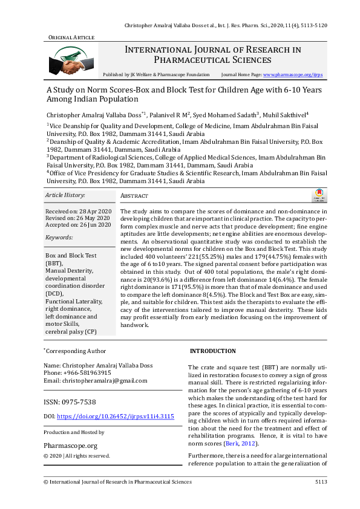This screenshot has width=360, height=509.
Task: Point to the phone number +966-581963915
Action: (x=87, y=373)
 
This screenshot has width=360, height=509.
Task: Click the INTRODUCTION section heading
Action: (x=212, y=351)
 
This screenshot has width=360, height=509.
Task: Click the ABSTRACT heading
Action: (x=134, y=196)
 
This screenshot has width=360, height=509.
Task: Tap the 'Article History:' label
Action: (x=65, y=195)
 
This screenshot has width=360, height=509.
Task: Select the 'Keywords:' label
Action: (x=59, y=238)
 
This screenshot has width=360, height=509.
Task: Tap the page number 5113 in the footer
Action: (x=321, y=482)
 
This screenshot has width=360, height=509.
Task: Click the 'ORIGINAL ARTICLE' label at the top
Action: (x=71, y=37)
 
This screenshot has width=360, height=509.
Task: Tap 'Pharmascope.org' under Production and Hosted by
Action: (x=67, y=444)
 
